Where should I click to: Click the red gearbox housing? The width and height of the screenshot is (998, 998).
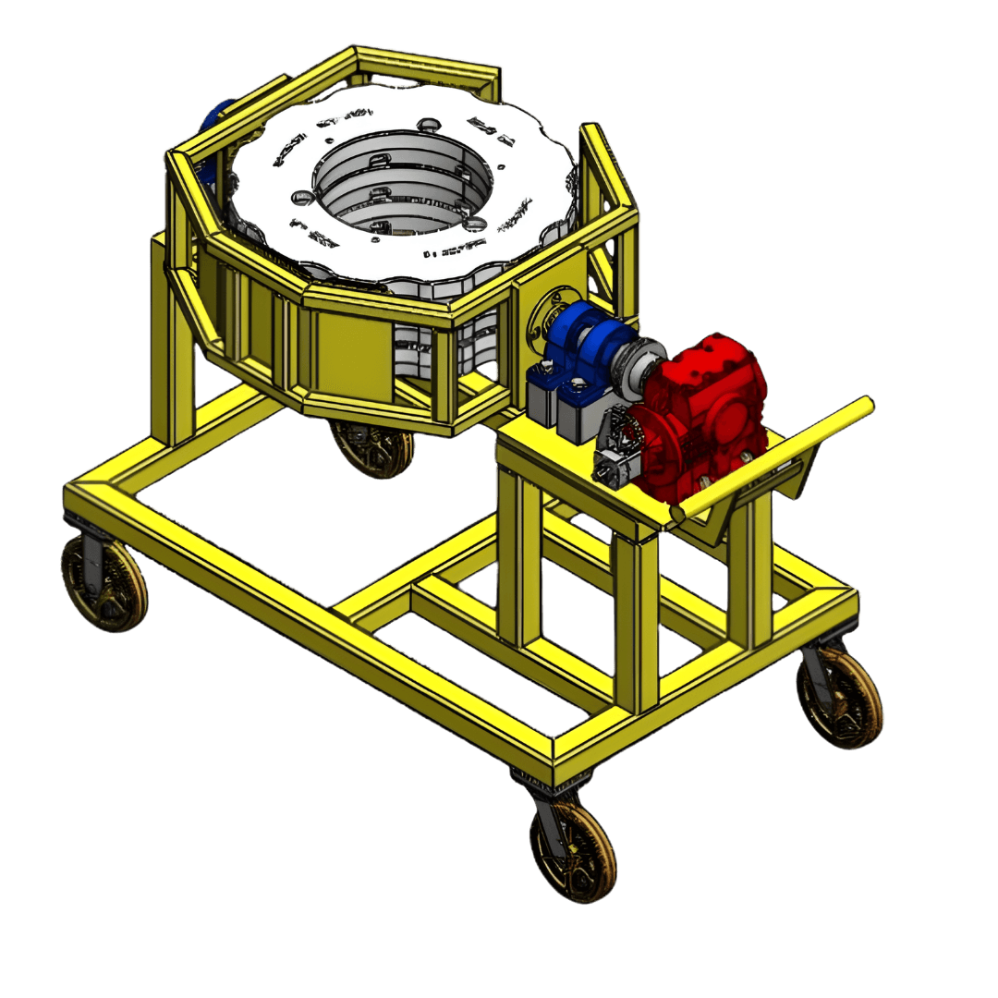point(712,407)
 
